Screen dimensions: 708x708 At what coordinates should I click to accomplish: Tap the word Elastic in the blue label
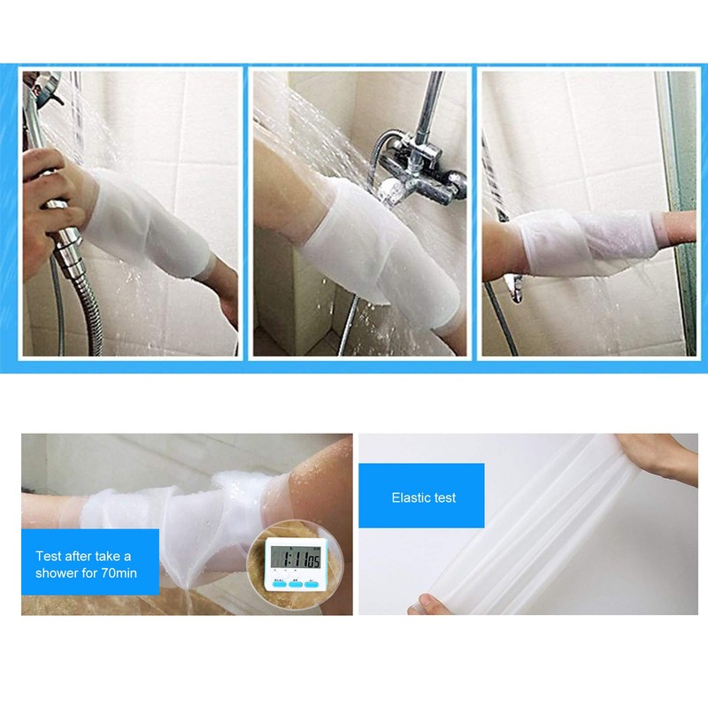[x=409, y=497]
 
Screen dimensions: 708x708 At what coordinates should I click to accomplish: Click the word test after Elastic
[x=444, y=497]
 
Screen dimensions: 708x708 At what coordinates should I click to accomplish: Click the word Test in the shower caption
[x=50, y=557]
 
